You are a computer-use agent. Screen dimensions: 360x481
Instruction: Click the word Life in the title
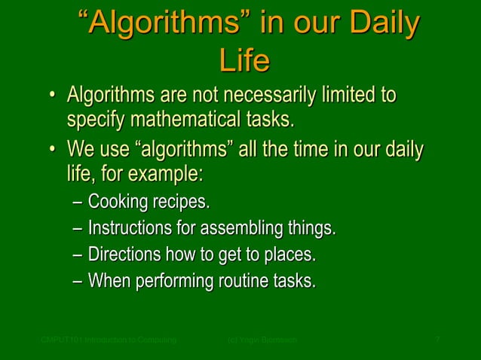point(244,61)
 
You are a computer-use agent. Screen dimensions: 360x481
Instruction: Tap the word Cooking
point(119,202)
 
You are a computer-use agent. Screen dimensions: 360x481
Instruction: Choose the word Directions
point(124,255)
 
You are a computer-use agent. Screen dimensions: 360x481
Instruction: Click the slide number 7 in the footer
point(438,341)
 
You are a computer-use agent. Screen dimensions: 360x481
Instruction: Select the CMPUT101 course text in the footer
point(109,341)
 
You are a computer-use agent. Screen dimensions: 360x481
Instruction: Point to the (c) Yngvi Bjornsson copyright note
point(262,341)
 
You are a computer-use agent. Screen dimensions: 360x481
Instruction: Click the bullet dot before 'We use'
point(52,147)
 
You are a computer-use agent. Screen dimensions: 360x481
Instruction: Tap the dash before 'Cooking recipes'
point(78,203)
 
